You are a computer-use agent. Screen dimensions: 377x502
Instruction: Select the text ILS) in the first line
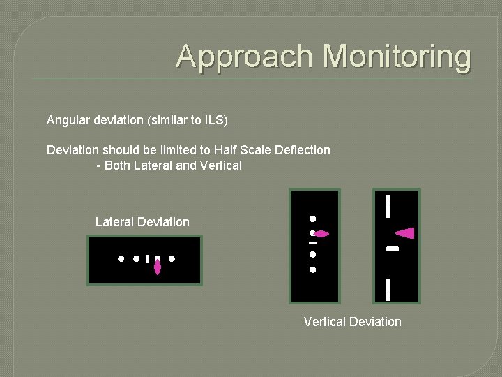coord(216,120)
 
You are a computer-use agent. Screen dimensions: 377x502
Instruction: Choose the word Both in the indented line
coord(116,165)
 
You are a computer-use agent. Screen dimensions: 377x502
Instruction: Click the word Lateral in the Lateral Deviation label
coord(115,222)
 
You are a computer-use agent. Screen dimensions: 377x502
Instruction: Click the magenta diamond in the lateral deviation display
coord(158,266)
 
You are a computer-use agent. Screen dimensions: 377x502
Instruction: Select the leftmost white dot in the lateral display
coord(121,258)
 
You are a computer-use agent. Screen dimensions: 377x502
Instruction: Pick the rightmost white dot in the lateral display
coord(172,258)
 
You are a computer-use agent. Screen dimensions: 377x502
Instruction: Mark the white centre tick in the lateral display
coord(148,258)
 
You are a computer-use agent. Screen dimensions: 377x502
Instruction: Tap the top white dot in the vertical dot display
coord(313,219)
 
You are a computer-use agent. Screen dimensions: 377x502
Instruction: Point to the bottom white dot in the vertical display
coord(313,269)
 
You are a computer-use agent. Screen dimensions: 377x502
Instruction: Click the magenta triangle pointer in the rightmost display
coord(406,233)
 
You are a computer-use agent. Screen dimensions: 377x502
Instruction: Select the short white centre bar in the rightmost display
coord(392,249)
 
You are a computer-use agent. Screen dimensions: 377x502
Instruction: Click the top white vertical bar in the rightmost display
coord(388,207)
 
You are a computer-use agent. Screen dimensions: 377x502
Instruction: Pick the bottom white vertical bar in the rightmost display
coord(388,288)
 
